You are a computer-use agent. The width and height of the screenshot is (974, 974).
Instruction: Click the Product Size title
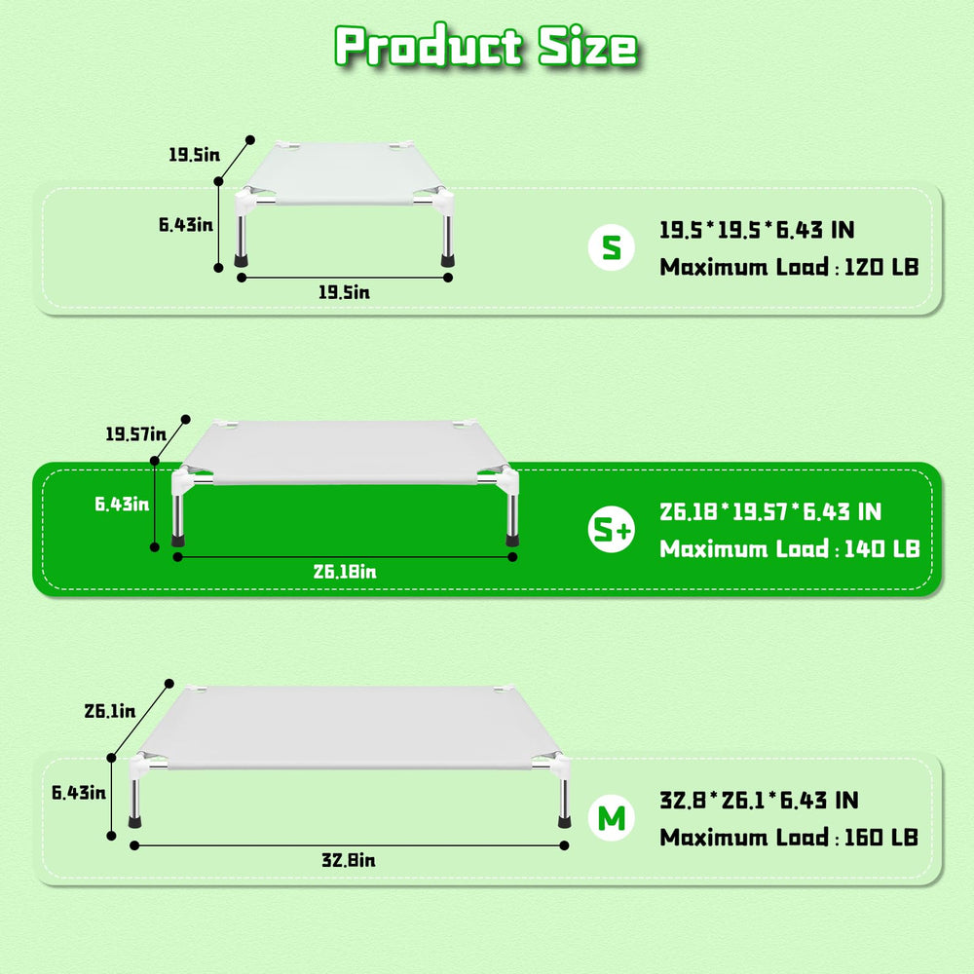[486, 46]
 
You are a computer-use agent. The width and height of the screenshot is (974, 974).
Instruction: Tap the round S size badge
[612, 247]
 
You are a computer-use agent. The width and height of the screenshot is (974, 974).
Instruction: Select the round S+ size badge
[612, 529]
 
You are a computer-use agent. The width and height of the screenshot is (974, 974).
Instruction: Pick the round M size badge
[612, 817]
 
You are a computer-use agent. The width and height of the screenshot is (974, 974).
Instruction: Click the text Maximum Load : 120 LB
[789, 267]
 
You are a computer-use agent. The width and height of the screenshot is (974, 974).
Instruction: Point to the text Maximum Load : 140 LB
[789, 549]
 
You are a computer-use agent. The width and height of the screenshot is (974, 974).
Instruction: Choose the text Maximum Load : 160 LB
[789, 838]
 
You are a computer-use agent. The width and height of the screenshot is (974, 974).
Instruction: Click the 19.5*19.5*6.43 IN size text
[757, 230]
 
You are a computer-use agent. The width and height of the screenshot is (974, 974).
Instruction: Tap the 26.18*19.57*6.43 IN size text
[770, 512]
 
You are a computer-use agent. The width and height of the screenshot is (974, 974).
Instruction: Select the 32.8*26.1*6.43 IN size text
[759, 800]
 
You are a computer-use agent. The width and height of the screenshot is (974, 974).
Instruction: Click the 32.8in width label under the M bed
[349, 860]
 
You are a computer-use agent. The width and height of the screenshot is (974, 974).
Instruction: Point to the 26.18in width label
[345, 572]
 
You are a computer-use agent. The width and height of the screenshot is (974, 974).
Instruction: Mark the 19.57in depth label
[136, 434]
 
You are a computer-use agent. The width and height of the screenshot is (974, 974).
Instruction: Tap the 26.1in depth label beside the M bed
[110, 711]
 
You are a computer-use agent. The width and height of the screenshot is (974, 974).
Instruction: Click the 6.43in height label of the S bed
[186, 224]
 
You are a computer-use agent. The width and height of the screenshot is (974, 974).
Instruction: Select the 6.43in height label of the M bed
[79, 793]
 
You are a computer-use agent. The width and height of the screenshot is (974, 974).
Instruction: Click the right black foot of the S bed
[447, 260]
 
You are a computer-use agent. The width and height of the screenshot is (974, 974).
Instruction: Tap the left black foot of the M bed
[134, 822]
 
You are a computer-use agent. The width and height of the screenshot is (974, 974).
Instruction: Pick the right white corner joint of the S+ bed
[507, 480]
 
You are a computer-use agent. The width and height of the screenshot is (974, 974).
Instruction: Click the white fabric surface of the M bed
[349, 726]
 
